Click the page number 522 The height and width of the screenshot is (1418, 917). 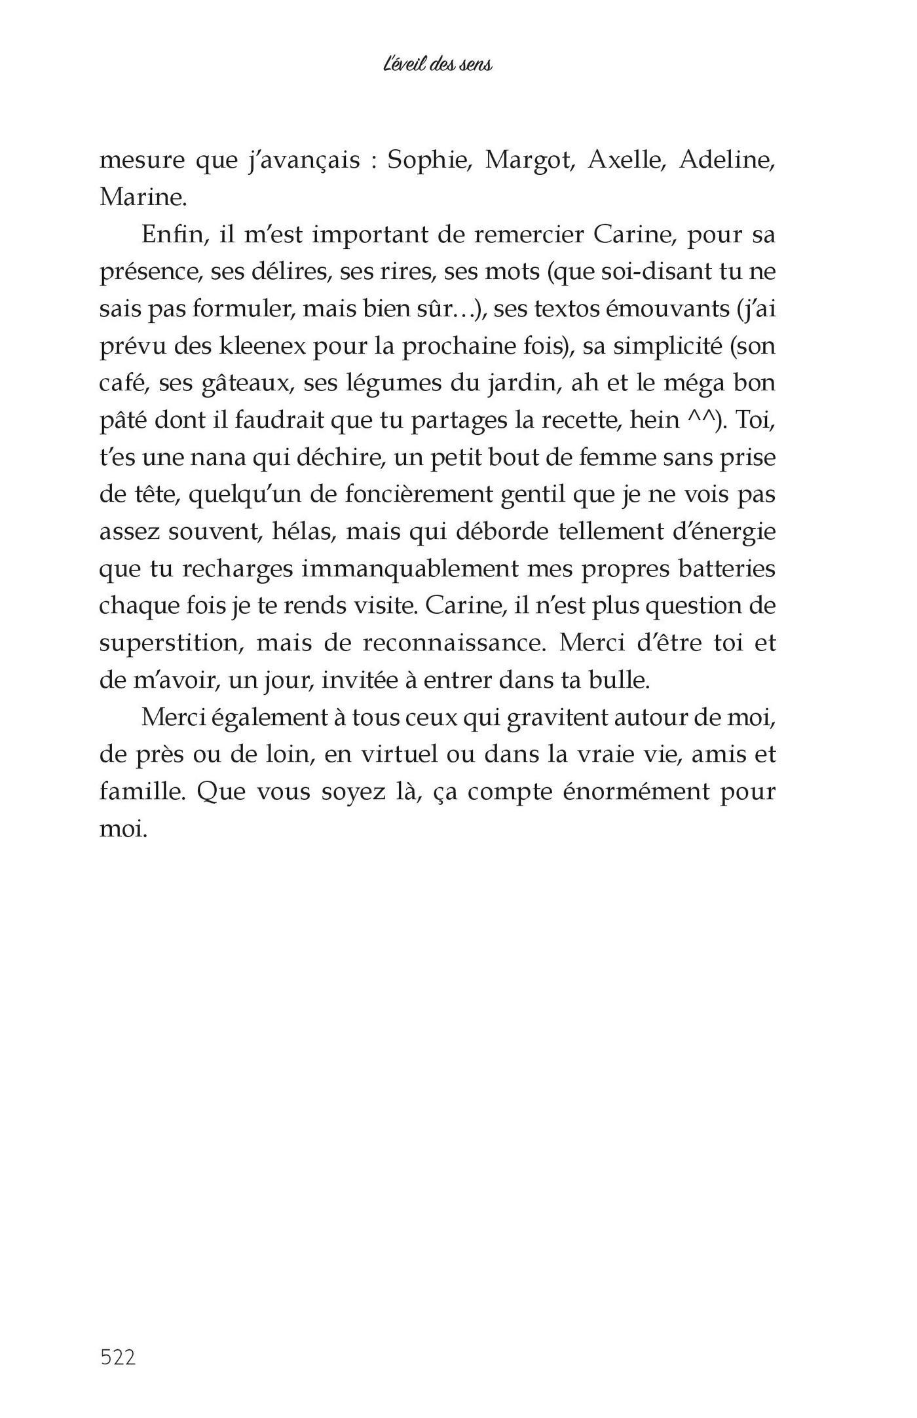point(118,1339)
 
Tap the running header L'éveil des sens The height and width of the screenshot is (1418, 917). point(438,65)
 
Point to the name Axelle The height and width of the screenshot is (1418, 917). point(627,160)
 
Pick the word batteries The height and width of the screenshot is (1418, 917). point(727,569)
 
